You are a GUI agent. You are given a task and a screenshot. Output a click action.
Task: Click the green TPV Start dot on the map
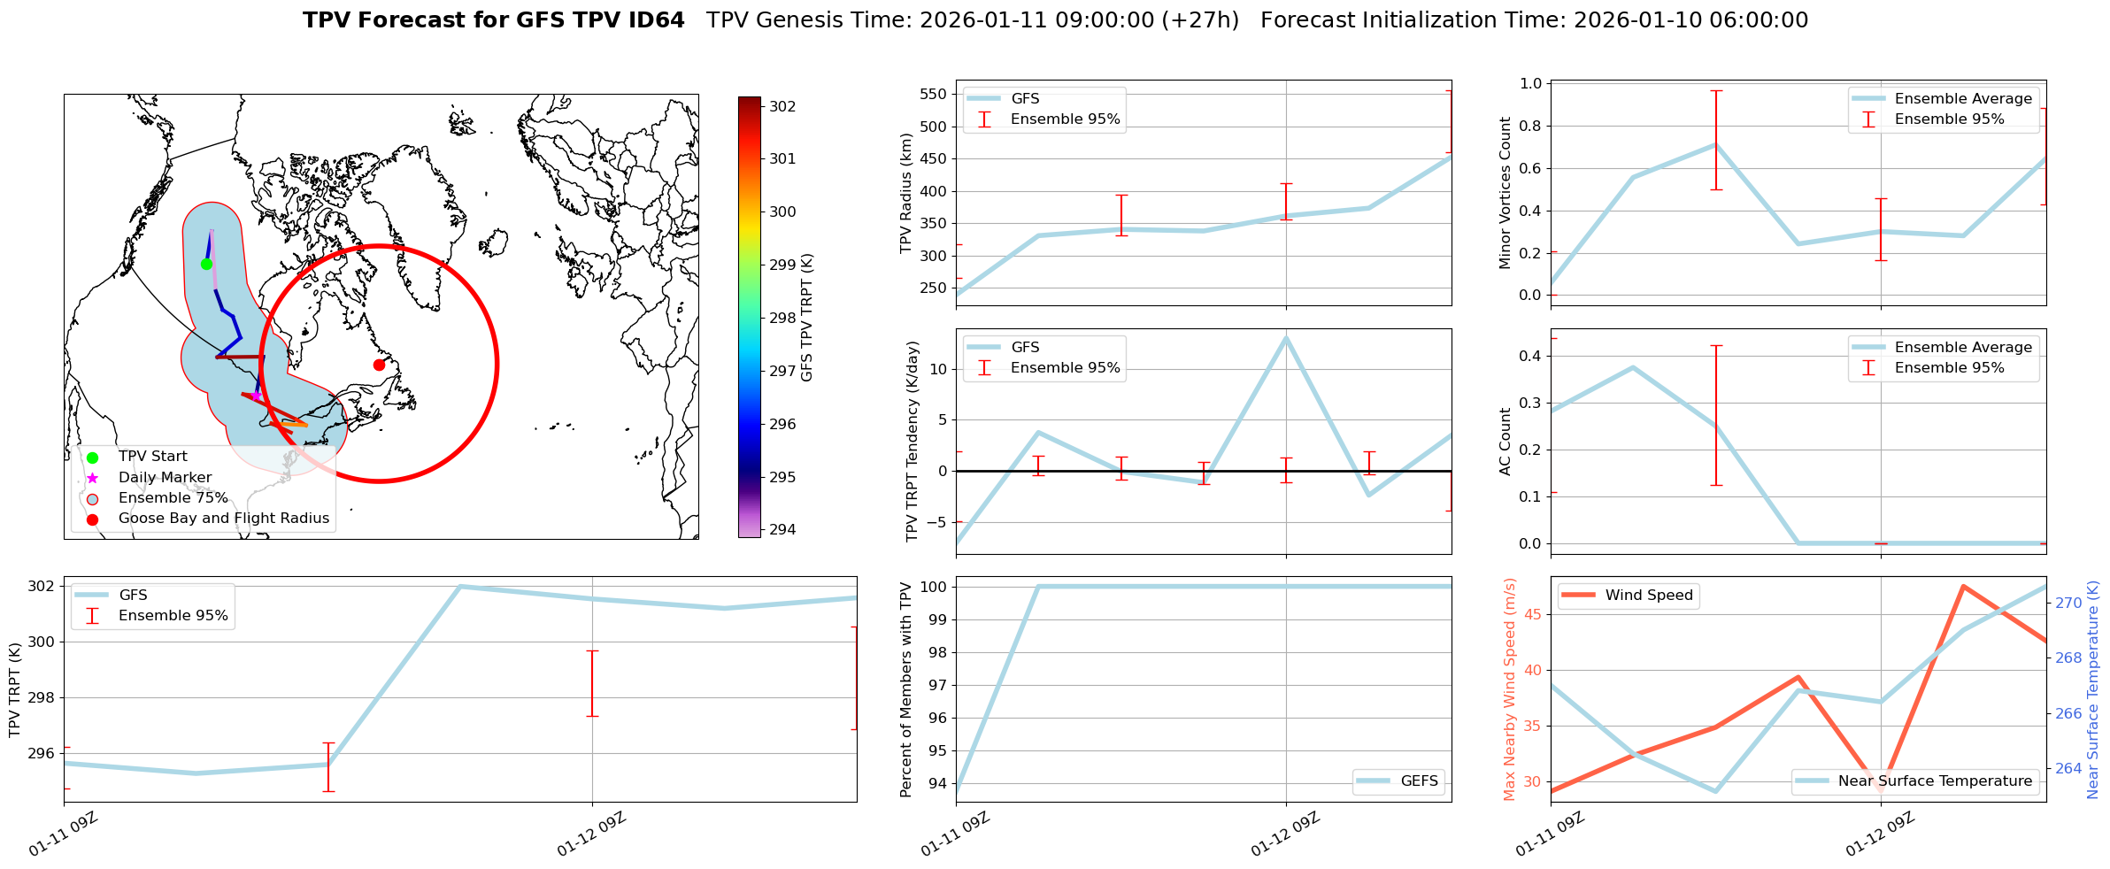[206, 264]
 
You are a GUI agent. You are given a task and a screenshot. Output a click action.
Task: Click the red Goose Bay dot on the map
[379, 365]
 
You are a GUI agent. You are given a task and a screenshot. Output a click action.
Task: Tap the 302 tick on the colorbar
[782, 106]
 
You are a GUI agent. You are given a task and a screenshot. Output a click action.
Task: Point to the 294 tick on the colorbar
[782, 530]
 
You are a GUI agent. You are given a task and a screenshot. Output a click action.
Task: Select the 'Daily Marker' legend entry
[165, 478]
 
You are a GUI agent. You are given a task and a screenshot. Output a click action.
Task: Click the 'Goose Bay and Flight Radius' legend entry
[223, 519]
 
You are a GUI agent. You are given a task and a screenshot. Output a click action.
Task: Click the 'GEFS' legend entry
[1419, 781]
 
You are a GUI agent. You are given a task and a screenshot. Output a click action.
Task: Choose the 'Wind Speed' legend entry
[1649, 596]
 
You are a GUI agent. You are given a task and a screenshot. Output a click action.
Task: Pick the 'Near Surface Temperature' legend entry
[1935, 781]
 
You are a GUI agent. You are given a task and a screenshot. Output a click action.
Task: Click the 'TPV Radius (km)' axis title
[905, 193]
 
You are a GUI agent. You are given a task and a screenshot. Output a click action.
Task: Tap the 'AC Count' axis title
[1505, 442]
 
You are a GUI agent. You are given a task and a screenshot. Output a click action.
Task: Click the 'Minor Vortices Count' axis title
[1505, 193]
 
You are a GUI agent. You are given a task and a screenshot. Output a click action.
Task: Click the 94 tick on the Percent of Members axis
[938, 783]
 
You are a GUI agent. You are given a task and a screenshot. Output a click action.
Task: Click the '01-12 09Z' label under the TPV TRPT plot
[591, 834]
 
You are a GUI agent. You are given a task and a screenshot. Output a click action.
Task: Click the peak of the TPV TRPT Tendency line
[1286, 337]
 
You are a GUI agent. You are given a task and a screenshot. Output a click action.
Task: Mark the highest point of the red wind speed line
[1963, 586]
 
